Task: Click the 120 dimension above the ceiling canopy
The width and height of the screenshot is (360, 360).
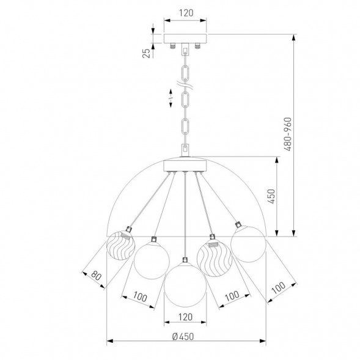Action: tap(186, 13)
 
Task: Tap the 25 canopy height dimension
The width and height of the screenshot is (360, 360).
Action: tap(147, 54)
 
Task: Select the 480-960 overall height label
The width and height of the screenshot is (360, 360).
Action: tap(287, 134)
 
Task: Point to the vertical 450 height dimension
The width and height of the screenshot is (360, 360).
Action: tap(271, 196)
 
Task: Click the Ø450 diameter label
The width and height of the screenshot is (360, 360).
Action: tap(183, 337)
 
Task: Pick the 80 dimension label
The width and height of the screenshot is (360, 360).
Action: tap(96, 275)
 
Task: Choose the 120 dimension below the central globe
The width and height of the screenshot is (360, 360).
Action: tap(185, 317)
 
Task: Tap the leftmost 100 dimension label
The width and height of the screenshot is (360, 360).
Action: tap(140, 296)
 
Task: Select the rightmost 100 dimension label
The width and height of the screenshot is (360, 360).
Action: tap(279, 288)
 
